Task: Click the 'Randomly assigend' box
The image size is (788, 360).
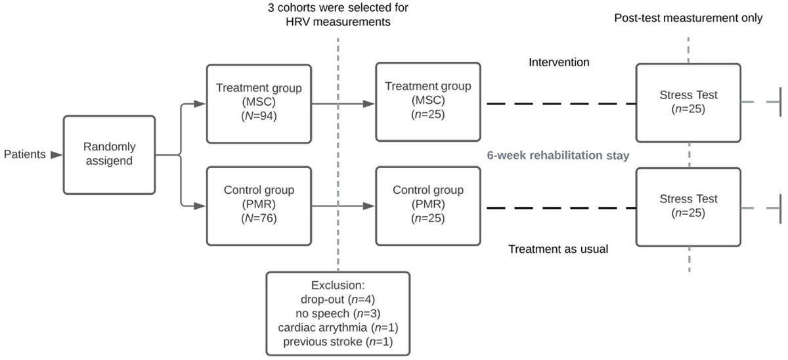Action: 109,155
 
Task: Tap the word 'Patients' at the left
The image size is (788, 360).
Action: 24,155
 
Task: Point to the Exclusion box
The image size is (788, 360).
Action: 338,314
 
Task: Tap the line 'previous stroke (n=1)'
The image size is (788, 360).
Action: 338,342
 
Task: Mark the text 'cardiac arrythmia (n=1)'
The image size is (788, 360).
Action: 338,328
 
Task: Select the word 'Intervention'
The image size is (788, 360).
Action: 559,63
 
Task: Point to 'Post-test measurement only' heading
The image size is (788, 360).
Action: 688,18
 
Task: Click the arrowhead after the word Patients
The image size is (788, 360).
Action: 56,155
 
